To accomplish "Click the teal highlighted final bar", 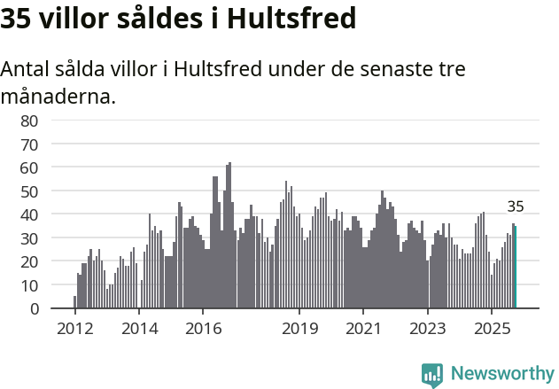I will pyautogui.click(x=516, y=268).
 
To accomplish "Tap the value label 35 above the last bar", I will pyautogui.click(x=516, y=206).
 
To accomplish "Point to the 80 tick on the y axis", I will pyautogui.click(x=29, y=121).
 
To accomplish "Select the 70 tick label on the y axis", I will pyautogui.click(x=29, y=144).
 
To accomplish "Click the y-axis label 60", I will pyautogui.click(x=29, y=167).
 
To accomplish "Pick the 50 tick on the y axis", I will pyautogui.click(x=29, y=191).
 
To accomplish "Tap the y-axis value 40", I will pyautogui.click(x=29, y=214).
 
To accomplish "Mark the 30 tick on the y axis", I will pyautogui.click(x=29, y=238).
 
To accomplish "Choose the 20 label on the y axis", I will pyautogui.click(x=29, y=261).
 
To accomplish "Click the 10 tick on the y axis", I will pyautogui.click(x=29, y=285).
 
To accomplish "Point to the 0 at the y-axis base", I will pyautogui.click(x=34, y=309).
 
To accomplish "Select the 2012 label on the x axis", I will pyautogui.click(x=74, y=329).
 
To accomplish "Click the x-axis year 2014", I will pyautogui.click(x=138, y=329).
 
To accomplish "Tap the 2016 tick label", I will pyautogui.click(x=203, y=329).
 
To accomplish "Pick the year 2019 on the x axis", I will pyautogui.click(x=299, y=329).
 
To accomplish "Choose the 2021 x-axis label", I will pyautogui.click(x=363, y=329).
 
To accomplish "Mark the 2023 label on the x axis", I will pyautogui.click(x=428, y=329).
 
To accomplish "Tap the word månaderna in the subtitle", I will pyautogui.click(x=58, y=97).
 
